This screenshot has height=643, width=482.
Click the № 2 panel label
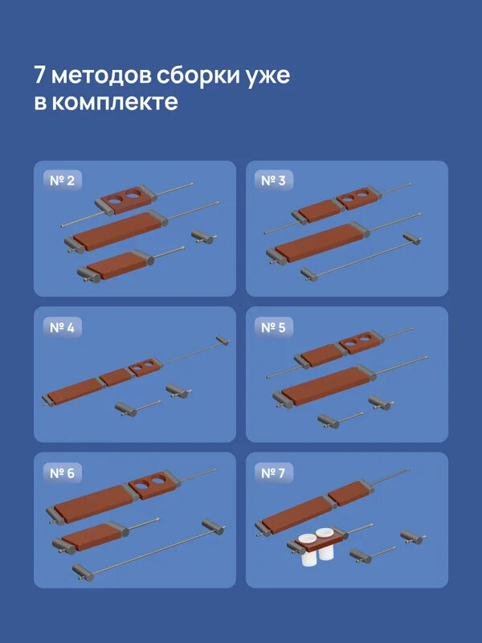62,182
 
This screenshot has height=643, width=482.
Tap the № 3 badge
274,181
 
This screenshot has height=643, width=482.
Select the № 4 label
62,327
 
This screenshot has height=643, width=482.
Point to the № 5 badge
274,327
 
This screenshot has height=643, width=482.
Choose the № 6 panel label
62,473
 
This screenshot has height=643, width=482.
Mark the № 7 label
274,473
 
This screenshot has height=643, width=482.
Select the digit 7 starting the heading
39,76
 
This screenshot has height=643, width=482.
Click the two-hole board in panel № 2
128,199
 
